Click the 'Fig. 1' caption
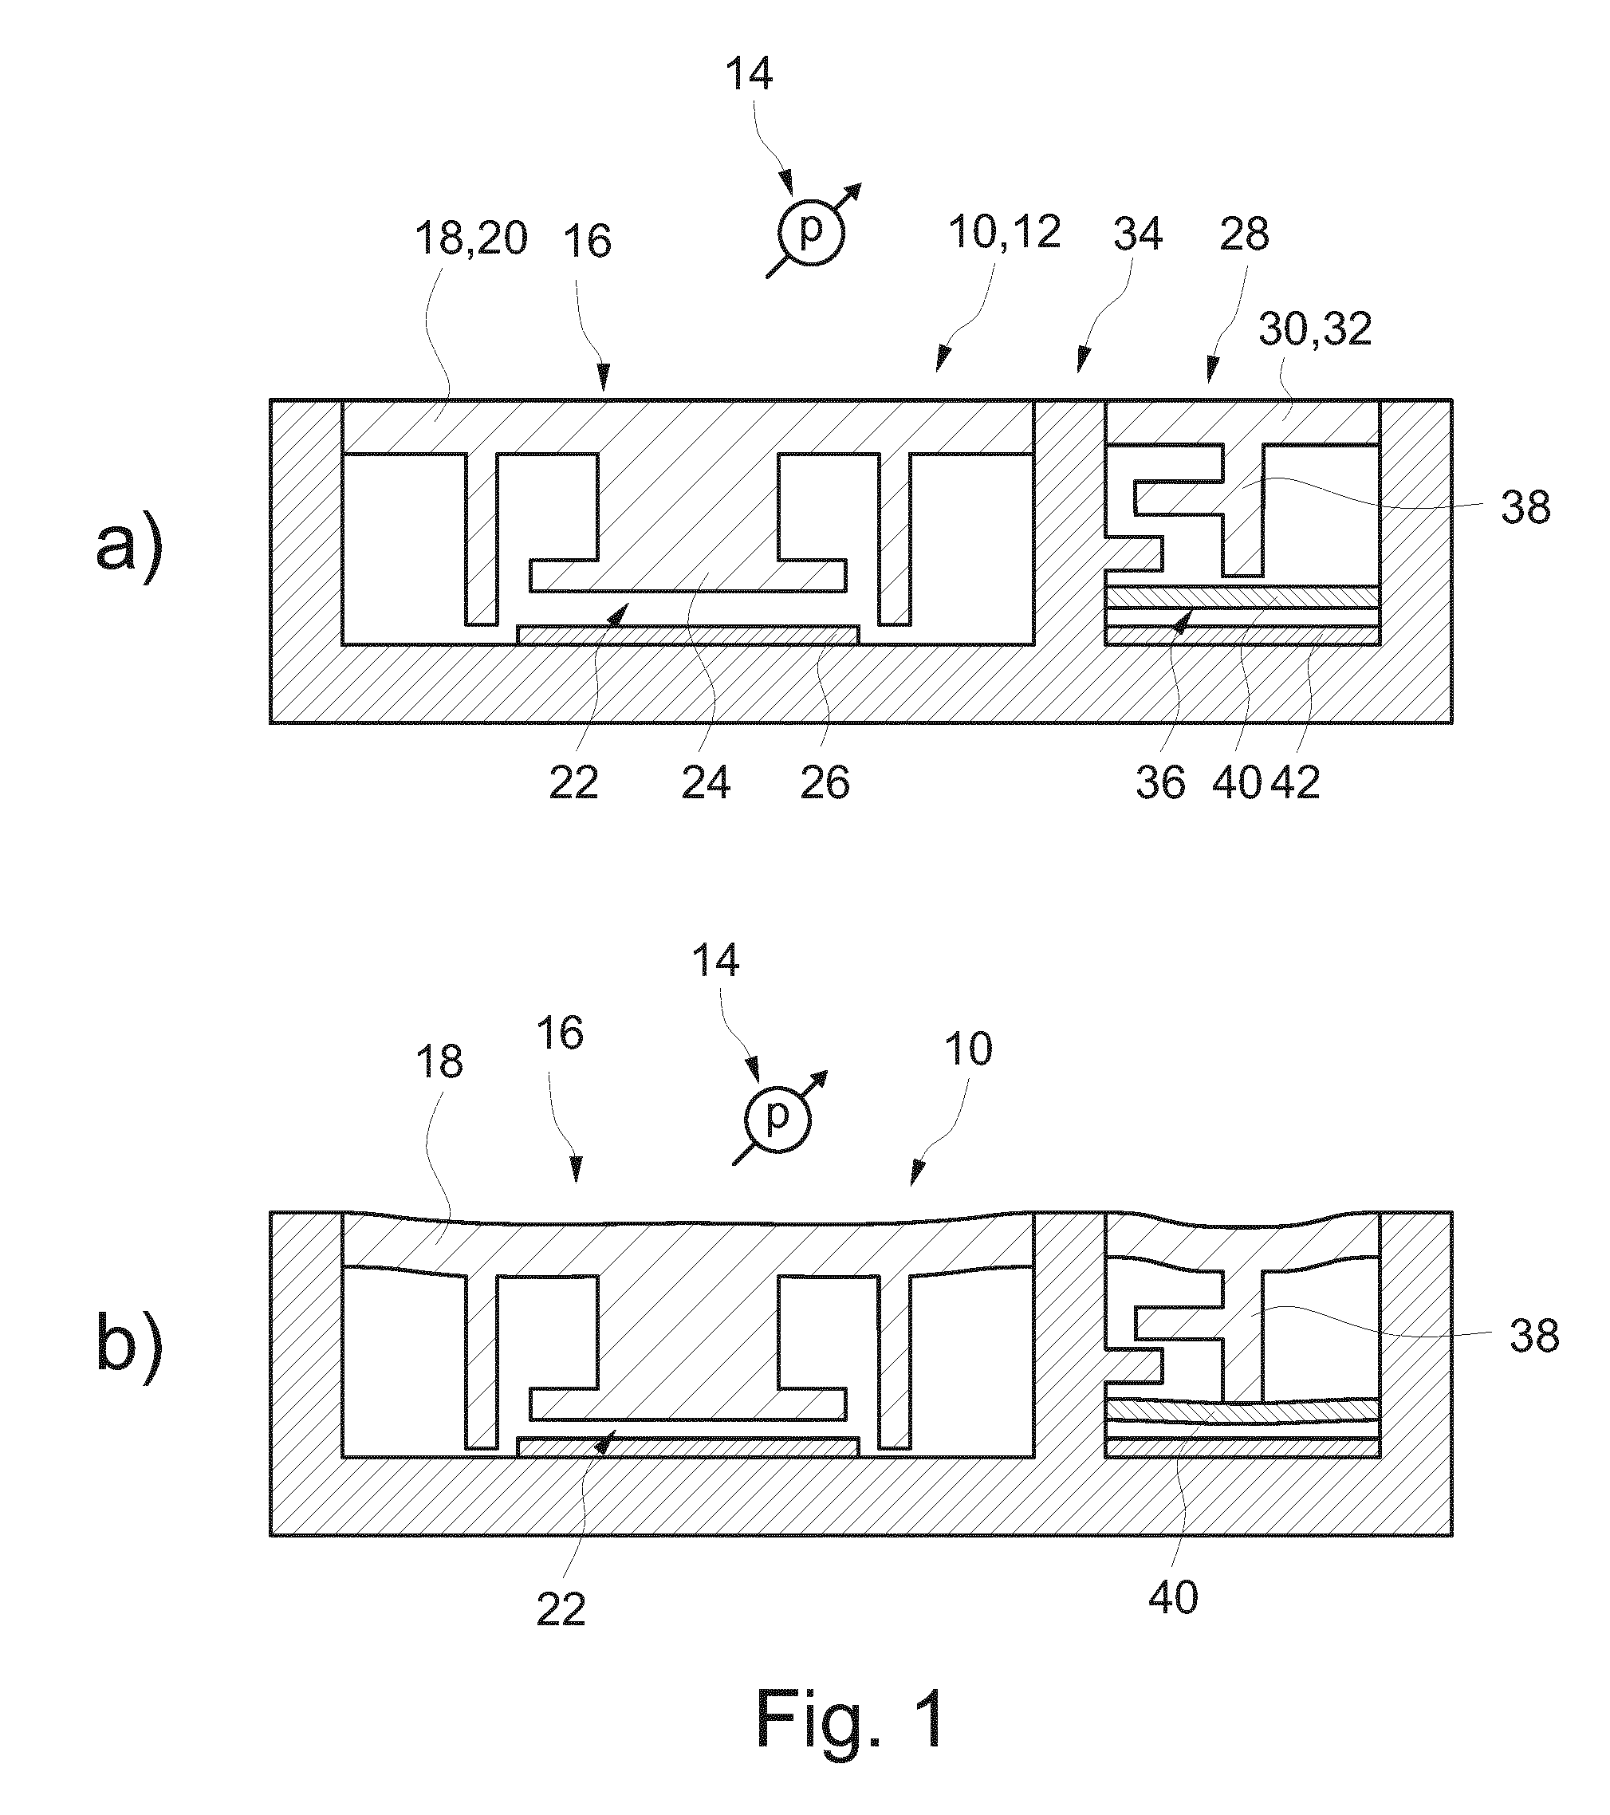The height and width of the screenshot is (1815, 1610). tap(850, 1719)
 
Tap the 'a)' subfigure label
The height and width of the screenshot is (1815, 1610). tap(130, 547)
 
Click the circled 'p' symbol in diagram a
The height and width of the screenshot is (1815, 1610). tap(811, 233)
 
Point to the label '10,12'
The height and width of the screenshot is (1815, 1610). tap(1005, 233)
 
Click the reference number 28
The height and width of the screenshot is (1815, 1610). tap(1244, 234)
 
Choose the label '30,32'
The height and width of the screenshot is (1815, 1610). tap(1315, 330)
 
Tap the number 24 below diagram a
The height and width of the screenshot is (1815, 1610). tap(706, 783)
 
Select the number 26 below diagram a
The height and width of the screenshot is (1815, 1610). tap(825, 783)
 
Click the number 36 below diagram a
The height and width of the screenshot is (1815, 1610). tap(1161, 783)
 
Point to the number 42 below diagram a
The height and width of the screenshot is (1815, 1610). tap(1296, 783)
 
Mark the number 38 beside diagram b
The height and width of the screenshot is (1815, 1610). tap(1533, 1336)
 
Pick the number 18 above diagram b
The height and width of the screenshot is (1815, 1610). tap(439, 1062)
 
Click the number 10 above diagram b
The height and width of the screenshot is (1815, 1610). tap(968, 1049)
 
